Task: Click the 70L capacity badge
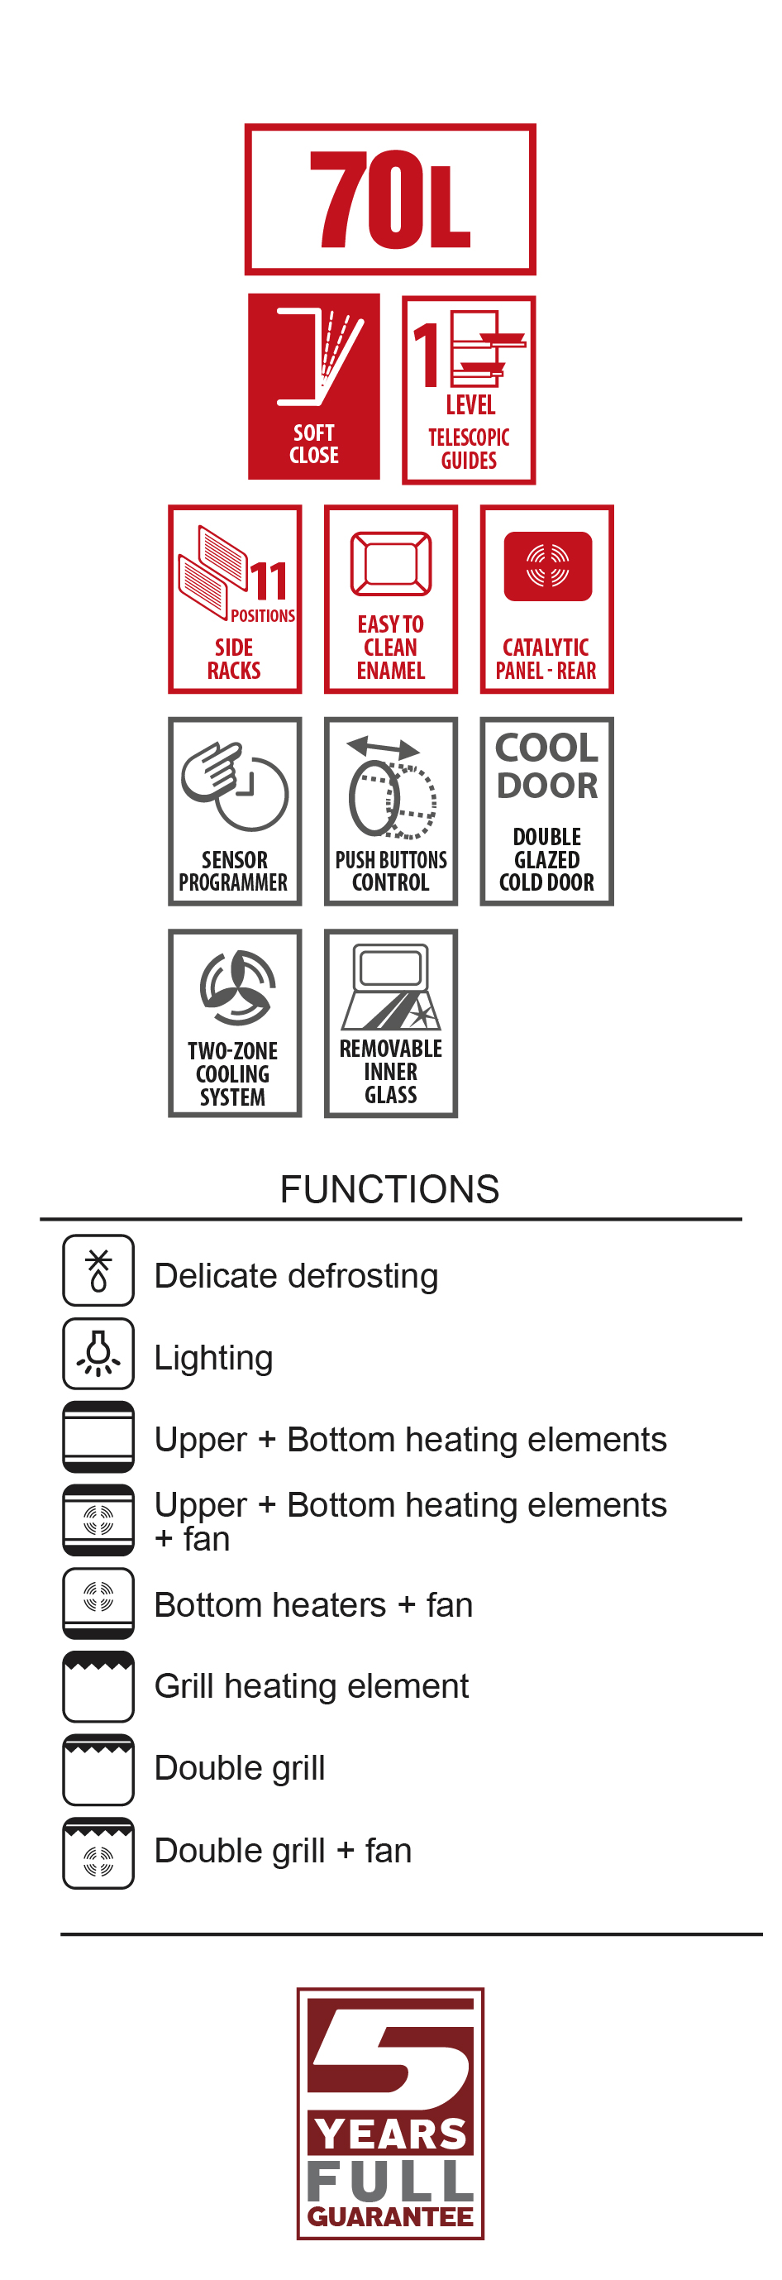pyautogui.click(x=390, y=199)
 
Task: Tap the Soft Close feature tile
pyautogui.click(x=314, y=386)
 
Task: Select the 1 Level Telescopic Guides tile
pyautogui.click(x=469, y=390)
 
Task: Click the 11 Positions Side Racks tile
pyautogui.click(x=236, y=600)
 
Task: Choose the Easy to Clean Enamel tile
pyautogui.click(x=391, y=600)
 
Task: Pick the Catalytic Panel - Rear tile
pyautogui.click(x=546, y=600)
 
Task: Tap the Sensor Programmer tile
pyautogui.click(x=236, y=810)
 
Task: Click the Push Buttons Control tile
pyautogui.click(x=391, y=810)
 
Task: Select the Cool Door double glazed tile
pyautogui.click(x=546, y=810)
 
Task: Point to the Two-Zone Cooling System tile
pyautogui.click(x=236, y=1023)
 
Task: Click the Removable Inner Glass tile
pyautogui.click(x=391, y=1023)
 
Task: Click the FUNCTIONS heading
pyautogui.click(x=389, y=1188)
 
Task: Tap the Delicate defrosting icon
pyautogui.click(x=98, y=1270)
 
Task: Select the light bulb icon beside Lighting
pyautogui.click(x=98, y=1353)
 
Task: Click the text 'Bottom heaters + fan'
pyautogui.click(x=313, y=1604)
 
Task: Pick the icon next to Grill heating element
pyautogui.click(x=98, y=1686)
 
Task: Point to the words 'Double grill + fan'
pyautogui.click(x=283, y=1851)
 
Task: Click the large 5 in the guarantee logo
pyautogui.click(x=390, y=2053)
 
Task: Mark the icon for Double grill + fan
pyautogui.click(x=98, y=1852)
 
